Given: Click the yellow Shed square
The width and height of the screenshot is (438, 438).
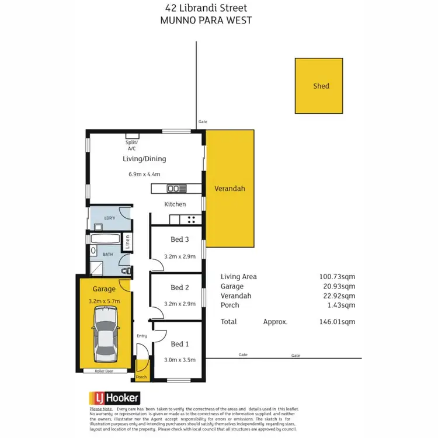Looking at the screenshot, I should pos(318,85).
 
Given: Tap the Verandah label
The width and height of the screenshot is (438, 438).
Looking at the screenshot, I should pos(230,189).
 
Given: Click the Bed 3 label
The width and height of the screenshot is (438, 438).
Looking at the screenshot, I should pos(179,239).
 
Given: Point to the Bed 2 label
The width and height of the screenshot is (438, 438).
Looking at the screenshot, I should pos(179,287).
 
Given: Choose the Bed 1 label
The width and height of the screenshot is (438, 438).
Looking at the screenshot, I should pos(179,344).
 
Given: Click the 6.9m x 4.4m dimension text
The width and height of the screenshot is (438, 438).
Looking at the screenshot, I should pos(144,174).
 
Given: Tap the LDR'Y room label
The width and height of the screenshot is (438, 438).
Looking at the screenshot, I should pos(110,218).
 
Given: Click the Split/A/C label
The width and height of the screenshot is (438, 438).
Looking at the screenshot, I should pos(131,145).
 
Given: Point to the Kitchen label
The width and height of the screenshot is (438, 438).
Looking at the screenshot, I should pos(175,204).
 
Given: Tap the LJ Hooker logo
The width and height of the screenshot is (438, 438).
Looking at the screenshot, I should pos(114,398).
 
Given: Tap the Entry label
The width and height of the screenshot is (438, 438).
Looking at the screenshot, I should pos(142,336).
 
